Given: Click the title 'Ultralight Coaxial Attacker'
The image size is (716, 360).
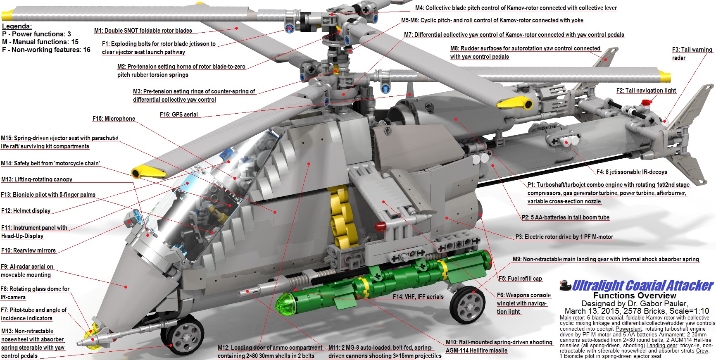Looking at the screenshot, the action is click(643, 286).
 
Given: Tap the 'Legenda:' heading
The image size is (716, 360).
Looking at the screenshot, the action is click(17, 26).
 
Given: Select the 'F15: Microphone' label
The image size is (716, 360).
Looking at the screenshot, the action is click(114, 119).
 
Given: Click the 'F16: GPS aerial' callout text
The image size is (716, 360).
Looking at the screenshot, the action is click(178, 114).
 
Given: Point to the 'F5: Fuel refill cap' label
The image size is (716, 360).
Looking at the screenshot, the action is click(520, 279).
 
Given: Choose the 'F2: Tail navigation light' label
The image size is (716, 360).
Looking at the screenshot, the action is click(646, 91).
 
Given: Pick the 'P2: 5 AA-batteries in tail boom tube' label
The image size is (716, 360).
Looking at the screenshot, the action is click(565, 217).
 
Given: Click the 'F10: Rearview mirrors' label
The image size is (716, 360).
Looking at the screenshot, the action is click(28, 250).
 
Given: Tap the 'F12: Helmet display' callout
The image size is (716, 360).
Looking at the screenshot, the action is click(26, 211).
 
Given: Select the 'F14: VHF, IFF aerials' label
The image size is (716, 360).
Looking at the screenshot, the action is click(418, 297).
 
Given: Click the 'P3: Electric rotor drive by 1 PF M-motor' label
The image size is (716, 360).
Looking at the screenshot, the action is click(564, 237).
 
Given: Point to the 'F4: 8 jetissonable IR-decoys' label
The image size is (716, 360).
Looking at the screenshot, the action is click(632, 172).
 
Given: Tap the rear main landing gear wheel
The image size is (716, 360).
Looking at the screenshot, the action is click(467, 305).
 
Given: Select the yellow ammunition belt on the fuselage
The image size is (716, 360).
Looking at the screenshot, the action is click(343, 217).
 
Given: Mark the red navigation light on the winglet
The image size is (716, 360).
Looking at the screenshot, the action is click(381, 226).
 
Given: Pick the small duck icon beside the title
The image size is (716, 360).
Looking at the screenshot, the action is click(565, 285).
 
